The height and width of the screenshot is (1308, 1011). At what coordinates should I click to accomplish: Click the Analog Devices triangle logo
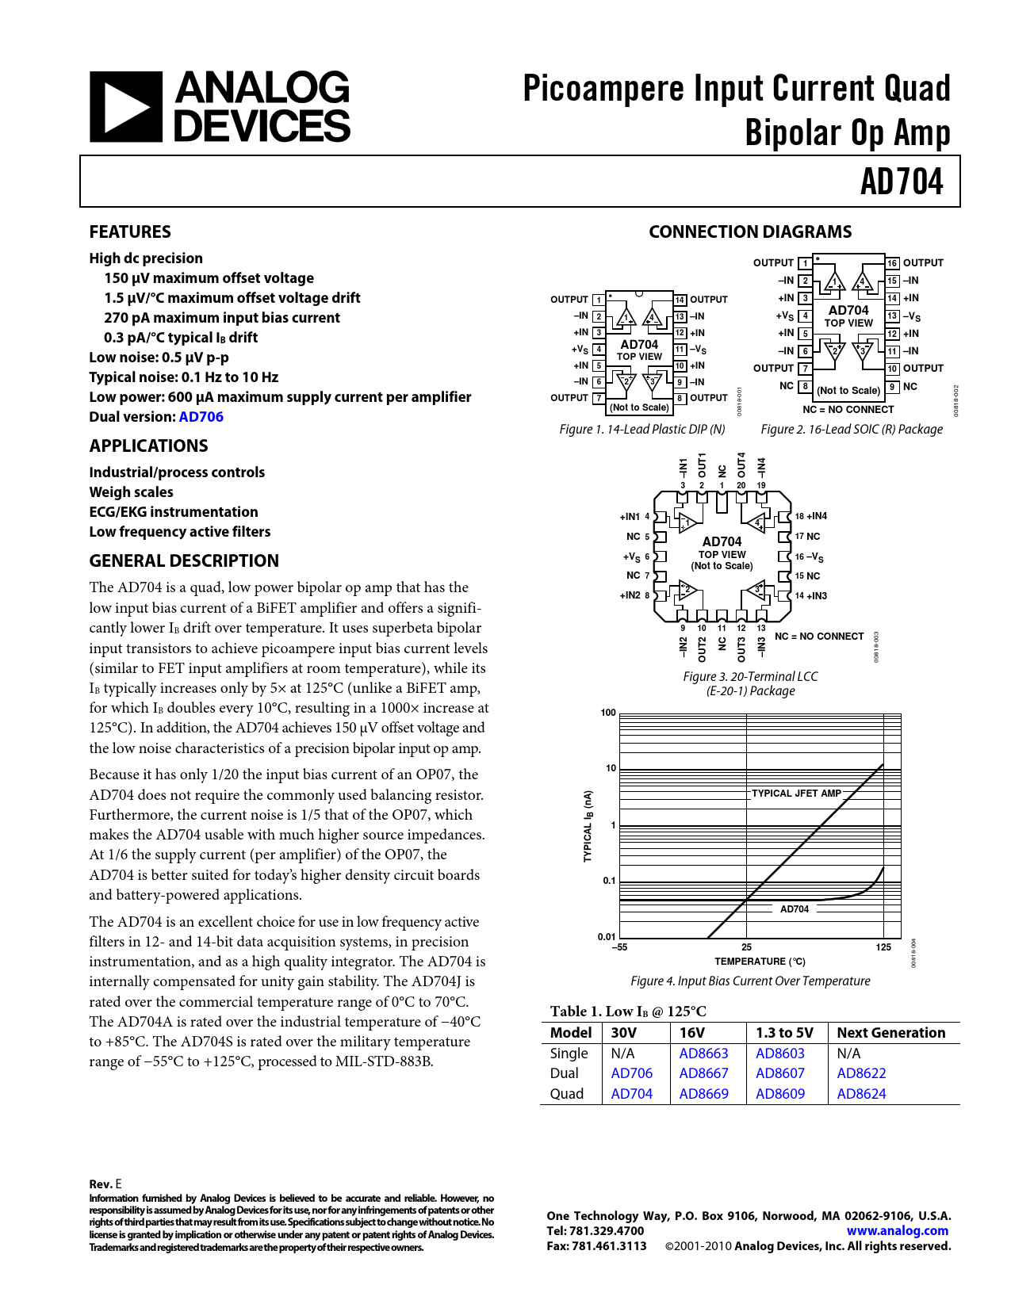pos(126,107)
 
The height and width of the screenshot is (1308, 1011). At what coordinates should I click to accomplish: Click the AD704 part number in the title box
pos(902,182)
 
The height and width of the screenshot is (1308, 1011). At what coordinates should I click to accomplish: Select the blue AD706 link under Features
pos(201,417)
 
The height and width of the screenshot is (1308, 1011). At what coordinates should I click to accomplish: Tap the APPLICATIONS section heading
pos(148,446)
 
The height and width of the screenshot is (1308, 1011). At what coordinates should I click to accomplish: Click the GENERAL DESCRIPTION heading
pos(184,560)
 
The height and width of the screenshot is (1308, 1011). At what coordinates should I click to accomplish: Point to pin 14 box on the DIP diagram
pos(680,300)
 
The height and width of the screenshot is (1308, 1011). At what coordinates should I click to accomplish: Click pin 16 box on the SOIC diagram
pos(892,263)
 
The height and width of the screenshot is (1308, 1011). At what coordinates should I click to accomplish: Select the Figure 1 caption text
pos(641,429)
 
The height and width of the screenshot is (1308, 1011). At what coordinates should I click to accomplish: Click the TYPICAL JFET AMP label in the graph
pos(796,793)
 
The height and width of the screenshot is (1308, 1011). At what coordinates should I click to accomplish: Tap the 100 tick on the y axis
pos(608,713)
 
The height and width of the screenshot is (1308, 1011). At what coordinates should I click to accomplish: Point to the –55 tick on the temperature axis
pos(619,947)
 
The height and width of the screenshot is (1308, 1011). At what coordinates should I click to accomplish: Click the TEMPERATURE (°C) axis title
pos(760,962)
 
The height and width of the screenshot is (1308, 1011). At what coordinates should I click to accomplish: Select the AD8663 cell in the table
pos(703,1054)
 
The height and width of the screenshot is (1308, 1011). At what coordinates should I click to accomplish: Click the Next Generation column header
pos(890,1033)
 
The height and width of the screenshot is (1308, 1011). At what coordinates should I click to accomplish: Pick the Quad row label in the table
pos(566,1094)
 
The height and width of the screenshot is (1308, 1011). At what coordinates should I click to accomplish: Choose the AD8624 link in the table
pos(861,1094)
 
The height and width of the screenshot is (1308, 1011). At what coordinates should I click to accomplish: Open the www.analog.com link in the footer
pos(897,1231)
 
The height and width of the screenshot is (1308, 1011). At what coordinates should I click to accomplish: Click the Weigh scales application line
pos(131,492)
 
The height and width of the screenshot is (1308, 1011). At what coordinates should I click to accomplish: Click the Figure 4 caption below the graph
pos(750,981)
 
